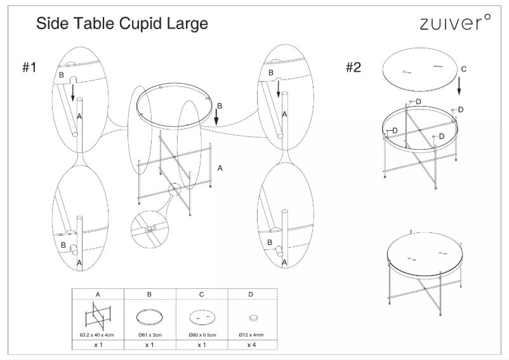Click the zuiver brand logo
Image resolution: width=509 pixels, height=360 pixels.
454,23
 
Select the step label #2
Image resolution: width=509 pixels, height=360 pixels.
354,67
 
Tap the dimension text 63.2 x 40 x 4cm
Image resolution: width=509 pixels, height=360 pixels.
97,333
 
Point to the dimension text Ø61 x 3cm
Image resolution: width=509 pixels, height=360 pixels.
149,333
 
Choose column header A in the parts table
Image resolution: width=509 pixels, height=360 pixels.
97,295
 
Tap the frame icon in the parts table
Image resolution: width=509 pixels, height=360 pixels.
97,315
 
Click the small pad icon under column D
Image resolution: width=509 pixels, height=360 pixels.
253,316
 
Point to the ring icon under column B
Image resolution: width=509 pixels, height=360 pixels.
149,316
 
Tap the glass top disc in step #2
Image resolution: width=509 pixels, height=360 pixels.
420,69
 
